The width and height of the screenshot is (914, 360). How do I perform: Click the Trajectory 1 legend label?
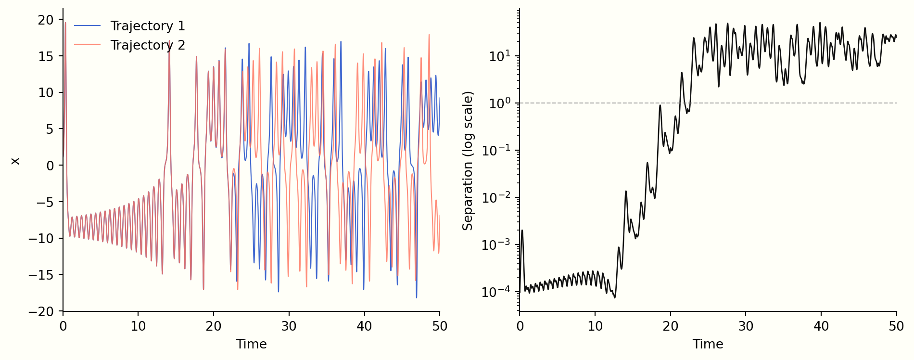[147, 26]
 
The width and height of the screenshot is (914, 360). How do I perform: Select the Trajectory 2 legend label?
[147, 45]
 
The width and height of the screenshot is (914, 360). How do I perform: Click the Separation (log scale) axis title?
[468, 161]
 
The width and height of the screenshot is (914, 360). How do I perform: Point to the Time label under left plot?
[251, 344]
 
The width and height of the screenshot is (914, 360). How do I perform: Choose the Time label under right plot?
[708, 344]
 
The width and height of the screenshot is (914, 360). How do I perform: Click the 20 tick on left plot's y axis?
[46, 20]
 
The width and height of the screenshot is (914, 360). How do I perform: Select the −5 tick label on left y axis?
[46, 202]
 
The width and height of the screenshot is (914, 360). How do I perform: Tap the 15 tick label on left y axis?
[46, 56]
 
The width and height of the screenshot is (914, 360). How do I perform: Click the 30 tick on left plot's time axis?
[289, 326]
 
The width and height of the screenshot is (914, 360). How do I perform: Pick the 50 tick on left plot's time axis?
[439, 326]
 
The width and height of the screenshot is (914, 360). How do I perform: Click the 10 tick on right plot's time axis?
[595, 326]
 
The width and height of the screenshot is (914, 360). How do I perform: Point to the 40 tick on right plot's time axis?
[821, 326]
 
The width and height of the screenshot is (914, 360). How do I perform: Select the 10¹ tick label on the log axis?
[500, 56]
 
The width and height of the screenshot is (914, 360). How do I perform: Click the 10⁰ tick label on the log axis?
[500, 103]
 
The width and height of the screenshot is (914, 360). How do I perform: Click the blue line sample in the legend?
[88, 26]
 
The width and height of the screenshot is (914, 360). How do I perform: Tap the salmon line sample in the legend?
[88, 45]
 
